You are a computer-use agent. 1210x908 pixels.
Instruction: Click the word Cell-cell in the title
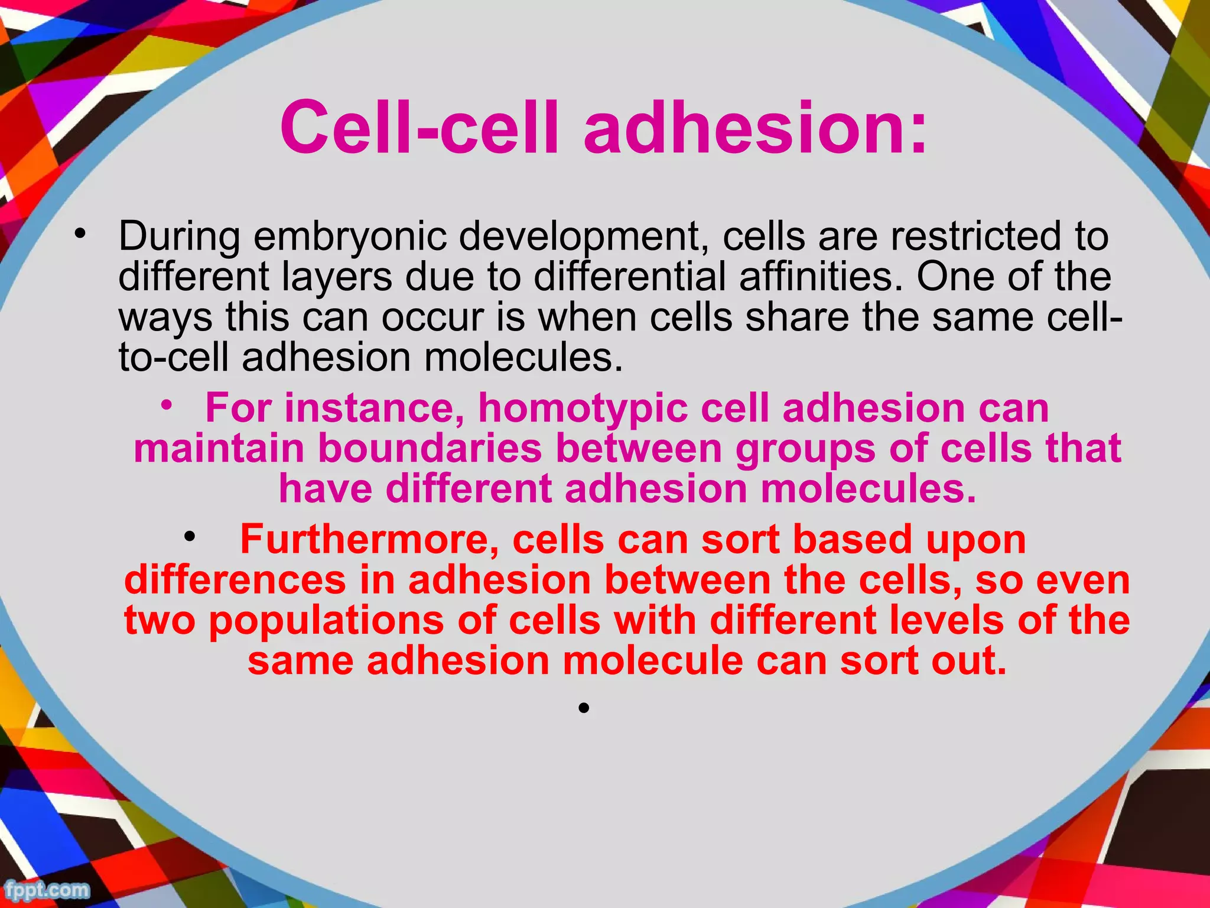pos(418,128)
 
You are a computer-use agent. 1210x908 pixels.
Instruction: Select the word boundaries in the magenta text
pos(430,449)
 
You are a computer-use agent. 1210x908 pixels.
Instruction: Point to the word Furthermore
pos(369,540)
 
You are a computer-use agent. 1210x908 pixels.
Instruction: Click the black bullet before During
pos(79,234)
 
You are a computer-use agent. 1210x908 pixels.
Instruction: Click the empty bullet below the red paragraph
pos(584,708)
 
